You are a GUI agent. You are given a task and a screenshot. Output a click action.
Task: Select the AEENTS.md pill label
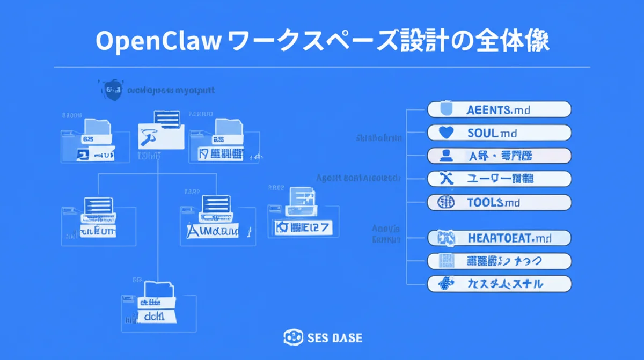coord(499,109)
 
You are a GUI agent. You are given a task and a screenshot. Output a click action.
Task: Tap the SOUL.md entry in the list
coord(499,133)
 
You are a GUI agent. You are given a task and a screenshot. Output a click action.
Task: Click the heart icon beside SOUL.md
coord(447,133)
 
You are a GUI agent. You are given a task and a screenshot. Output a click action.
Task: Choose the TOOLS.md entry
coord(499,202)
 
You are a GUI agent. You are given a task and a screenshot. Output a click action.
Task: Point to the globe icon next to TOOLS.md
coord(447,202)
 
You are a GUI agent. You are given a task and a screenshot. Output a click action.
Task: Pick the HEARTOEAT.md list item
coord(499,237)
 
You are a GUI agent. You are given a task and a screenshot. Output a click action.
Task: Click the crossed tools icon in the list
coord(447,179)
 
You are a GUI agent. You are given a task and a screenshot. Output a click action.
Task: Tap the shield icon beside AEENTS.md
coord(447,109)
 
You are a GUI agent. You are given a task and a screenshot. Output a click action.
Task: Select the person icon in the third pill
coord(447,156)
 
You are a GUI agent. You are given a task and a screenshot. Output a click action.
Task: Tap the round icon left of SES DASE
coord(293,338)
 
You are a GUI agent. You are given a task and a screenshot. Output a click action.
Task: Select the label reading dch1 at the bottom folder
coord(157,317)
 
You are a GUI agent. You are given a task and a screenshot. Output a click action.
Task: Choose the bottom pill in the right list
coord(499,284)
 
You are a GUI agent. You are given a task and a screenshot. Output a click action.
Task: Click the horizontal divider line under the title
coord(322,67)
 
